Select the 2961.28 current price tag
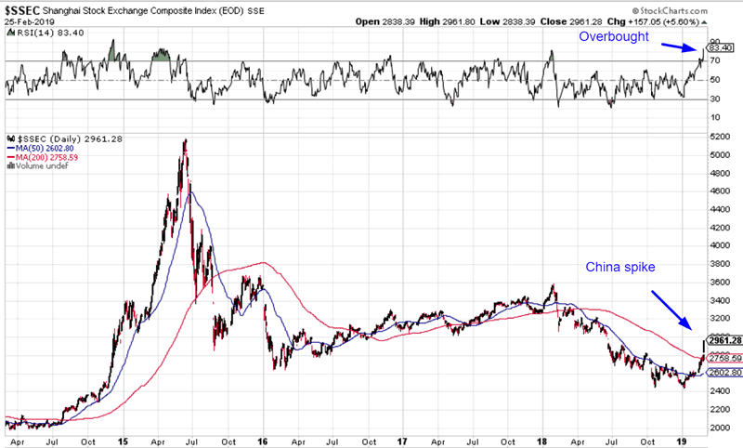(x=723, y=340)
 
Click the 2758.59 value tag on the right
(x=723, y=358)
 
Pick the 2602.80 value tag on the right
(x=723, y=373)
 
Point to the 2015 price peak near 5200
(x=186, y=141)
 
